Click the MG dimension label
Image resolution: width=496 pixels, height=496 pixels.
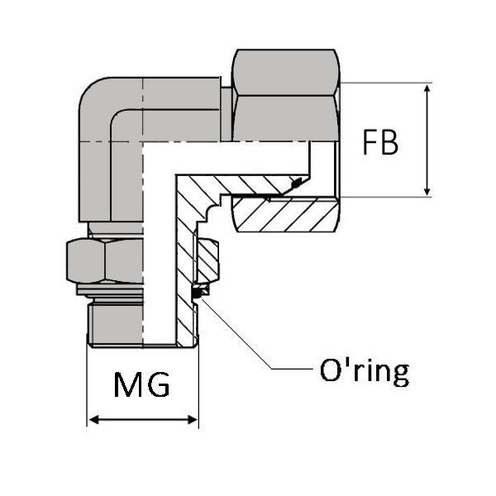(141, 384)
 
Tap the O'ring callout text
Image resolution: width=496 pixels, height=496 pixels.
(364, 371)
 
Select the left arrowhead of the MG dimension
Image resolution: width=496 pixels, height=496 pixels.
(93, 421)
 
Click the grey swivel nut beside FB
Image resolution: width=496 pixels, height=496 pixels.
(285, 95)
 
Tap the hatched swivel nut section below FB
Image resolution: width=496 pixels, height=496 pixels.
(285, 215)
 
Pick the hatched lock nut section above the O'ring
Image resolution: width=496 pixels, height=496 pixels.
(207, 260)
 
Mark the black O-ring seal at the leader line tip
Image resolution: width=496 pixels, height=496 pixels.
(198, 292)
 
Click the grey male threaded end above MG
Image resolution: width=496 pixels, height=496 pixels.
(116, 322)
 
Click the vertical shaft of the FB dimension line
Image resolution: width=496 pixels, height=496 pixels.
(427, 141)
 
